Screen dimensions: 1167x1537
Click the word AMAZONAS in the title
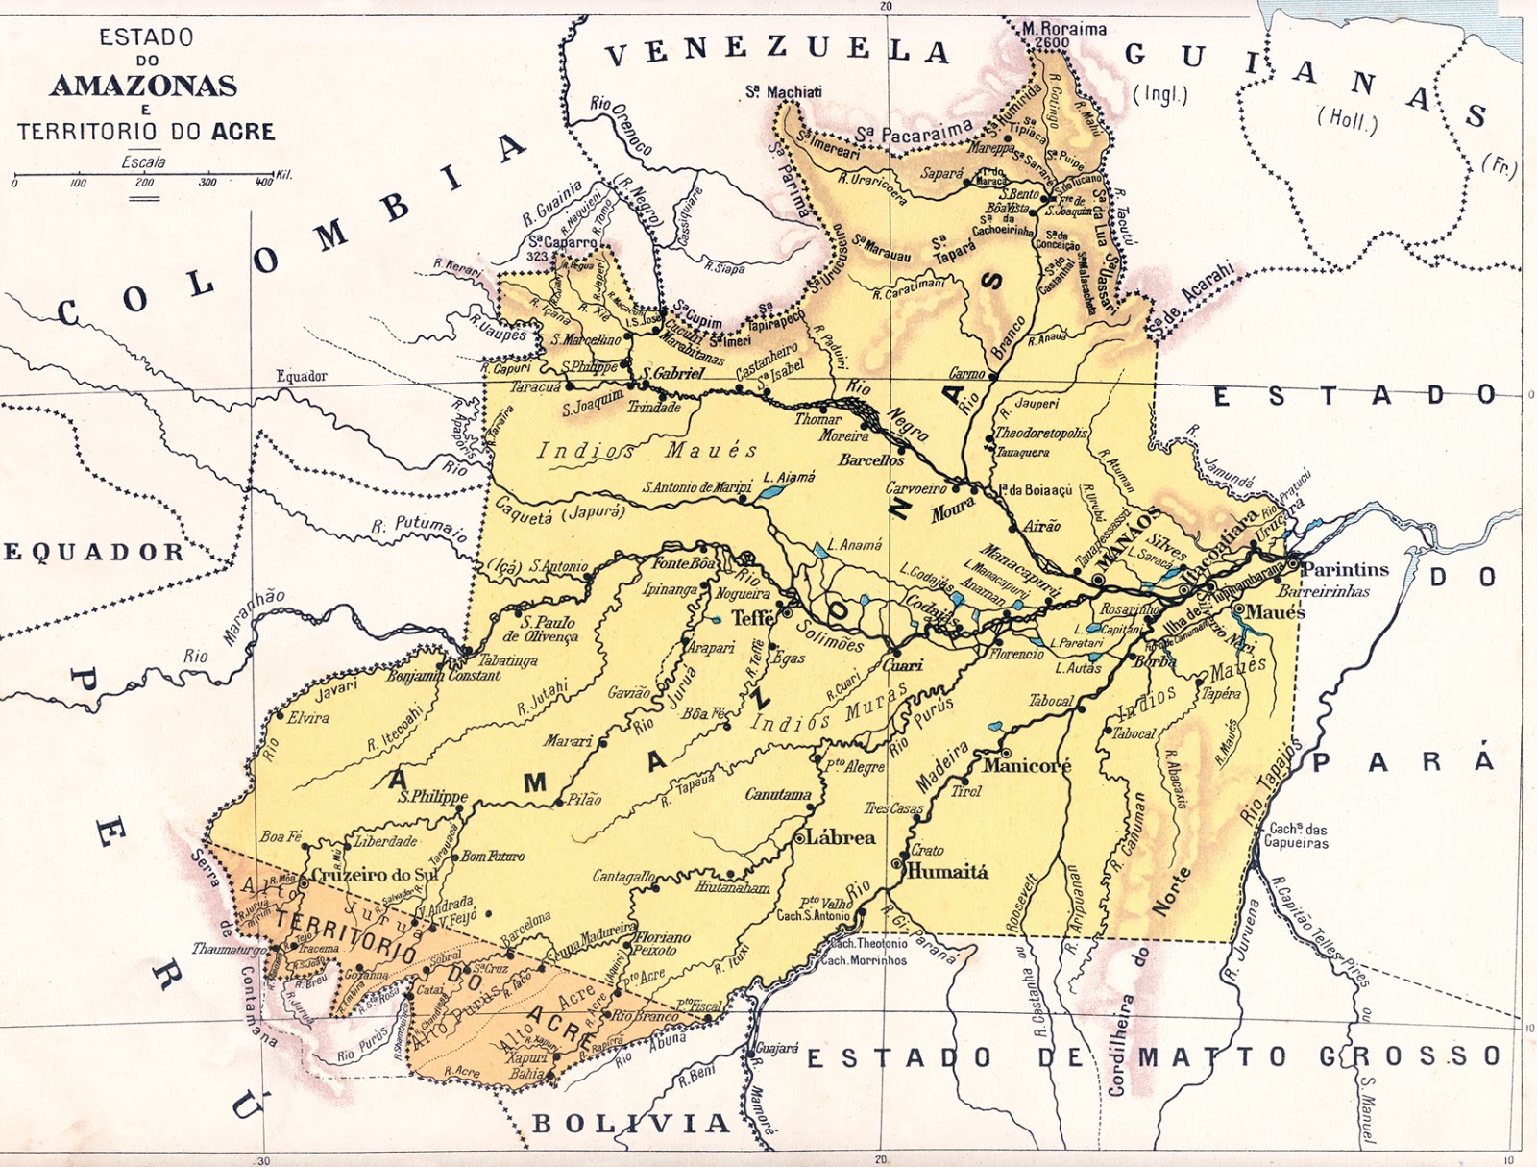pos(143,86)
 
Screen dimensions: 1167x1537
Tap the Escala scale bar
pos(144,176)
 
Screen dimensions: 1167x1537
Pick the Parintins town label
pos(1345,569)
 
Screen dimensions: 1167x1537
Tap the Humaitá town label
pos(947,871)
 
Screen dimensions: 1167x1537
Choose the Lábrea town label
pos(841,837)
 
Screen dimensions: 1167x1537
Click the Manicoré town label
pos(1026,766)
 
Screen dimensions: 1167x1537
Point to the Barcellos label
pos(870,459)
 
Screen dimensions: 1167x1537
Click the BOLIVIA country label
pos(630,1123)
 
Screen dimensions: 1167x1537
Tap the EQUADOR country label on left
pos(93,552)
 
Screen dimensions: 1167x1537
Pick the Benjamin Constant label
pos(443,676)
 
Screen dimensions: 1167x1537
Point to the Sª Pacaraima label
pos(914,132)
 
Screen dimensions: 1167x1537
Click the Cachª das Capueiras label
pos(1297,835)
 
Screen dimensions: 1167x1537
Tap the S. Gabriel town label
pos(672,373)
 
